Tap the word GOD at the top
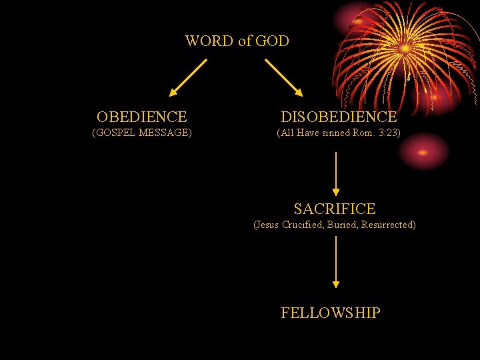(x=272, y=41)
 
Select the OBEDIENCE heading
(x=141, y=117)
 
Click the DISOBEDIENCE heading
(x=339, y=117)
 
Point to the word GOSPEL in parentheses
(x=117, y=133)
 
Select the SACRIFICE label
(x=335, y=209)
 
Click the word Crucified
(x=303, y=225)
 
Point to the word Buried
(x=343, y=225)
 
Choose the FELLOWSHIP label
(x=331, y=313)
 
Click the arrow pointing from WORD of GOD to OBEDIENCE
(x=187, y=77)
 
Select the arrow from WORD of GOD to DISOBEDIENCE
(x=284, y=77)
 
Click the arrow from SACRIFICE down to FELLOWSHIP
(x=336, y=262)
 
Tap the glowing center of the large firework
(x=405, y=48)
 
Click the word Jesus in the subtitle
(x=267, y=225)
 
